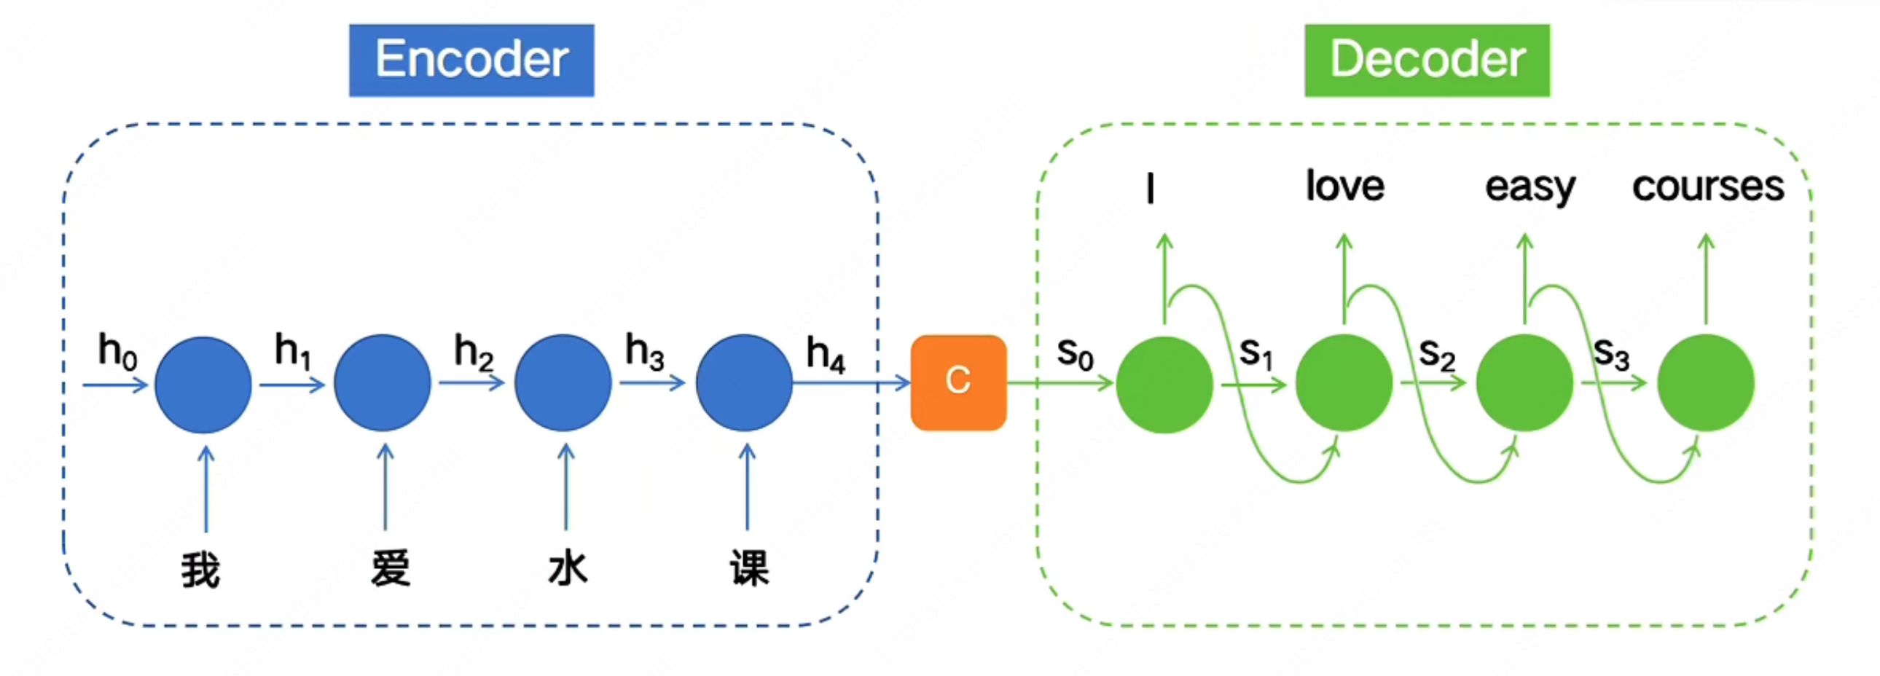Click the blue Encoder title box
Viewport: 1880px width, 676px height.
(471, 60)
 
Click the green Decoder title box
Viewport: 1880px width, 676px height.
(1427, 60)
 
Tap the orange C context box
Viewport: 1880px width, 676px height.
(958, 382)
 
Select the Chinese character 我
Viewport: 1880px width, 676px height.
(200, 569)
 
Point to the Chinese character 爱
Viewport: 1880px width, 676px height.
(390, 567)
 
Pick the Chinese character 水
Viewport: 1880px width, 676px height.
(568, 567)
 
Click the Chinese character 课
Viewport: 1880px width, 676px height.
(750, 567)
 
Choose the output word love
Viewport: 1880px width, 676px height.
(1344, 186)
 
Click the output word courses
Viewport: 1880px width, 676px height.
(1708, 186)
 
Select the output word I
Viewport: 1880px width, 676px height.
(1150, 188)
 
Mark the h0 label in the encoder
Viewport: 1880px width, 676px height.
(117, 352)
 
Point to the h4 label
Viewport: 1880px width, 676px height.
(826, 355)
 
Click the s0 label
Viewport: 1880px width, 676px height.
(1075, 354)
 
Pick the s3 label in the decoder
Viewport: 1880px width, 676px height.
(1610, 354)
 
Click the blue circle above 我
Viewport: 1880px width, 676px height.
(203, 385)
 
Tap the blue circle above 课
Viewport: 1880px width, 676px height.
(744, 383)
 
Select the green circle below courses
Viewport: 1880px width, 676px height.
(1706, 383)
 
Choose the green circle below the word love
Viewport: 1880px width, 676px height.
(1344, 383)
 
